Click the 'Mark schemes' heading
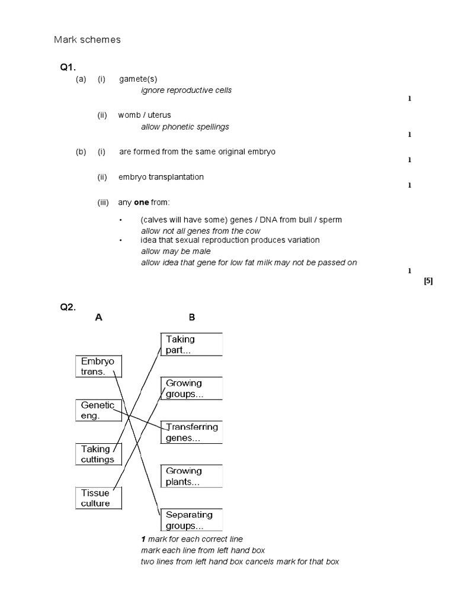pyautogui.click(x=87, y=40)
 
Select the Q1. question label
pyautogui.click(x=68, y=68)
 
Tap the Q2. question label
pyautogui.click(x=68, y=307)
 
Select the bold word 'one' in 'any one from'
pyautogui.click(x=142, y=202)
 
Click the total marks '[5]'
pyautogui.click(x=428, y=281)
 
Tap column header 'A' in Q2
pyautogui.click(x=99, y=317)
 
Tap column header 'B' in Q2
pyautogui.click(x=191, y=317)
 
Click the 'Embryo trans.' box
pyautogui.click(x=98, y=366)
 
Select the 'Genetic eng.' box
pyautogui.click(x=98, y=410)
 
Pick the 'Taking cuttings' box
pyautogui.click(x=98, y=454)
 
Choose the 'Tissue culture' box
pyautogui.click(x=98, y=498)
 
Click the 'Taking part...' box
pyautogui.click(x=191, y=344)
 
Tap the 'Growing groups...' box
pyautogui.click(x=191, y=388)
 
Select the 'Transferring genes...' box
pyautogui.click(x=191, y=433)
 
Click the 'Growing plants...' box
pyautogui.click(x=191, y=476)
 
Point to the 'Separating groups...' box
pyautogui.click(x=191, y=520)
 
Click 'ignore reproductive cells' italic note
pyautogui.click(x=186, y=91)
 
